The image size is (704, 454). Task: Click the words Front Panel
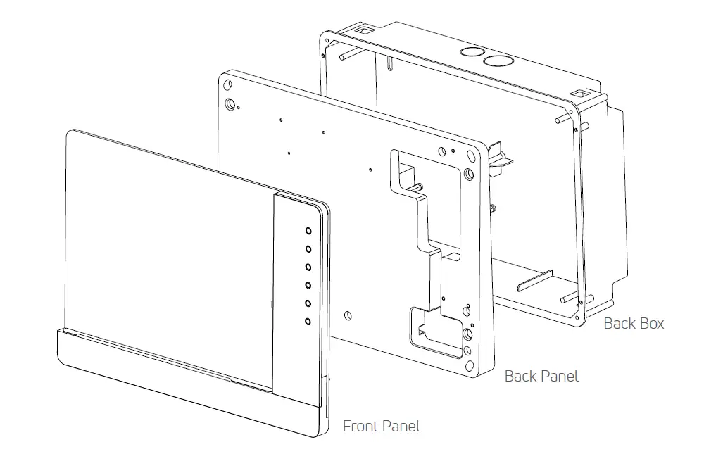(x=381, y=426)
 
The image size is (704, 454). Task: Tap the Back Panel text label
(x=541, y=377)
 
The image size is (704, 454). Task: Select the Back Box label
(x=634, y=324)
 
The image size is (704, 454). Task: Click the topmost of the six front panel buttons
(x=308, y=230)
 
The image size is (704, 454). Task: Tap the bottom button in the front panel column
(x=308, y=321)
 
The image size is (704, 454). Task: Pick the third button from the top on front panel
(x=308, y=267)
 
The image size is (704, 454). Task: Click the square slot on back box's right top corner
(x=577, y=93)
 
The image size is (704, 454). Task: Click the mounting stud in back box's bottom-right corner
(x=565, y=299)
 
